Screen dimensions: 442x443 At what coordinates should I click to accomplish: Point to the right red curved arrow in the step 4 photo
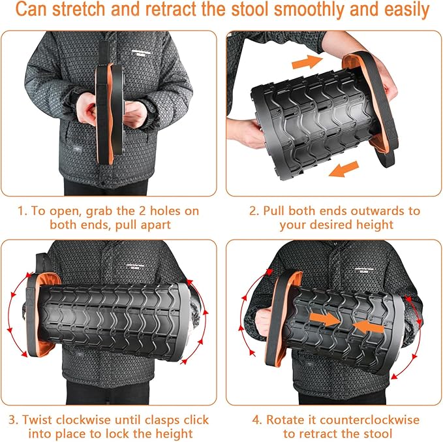coord(421,320)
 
